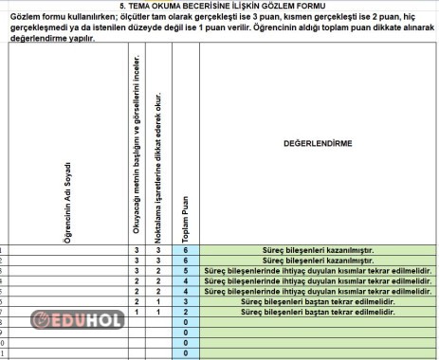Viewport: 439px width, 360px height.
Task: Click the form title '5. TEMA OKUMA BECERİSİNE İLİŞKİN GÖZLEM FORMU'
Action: [x=219, y=6]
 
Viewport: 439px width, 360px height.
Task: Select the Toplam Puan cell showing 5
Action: [x=187, y=270]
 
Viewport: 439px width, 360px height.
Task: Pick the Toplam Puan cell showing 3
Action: [x=187, y=301]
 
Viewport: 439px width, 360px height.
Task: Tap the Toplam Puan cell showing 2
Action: [x=187, y=312]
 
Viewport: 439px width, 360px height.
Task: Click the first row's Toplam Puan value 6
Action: [x=187, y=249]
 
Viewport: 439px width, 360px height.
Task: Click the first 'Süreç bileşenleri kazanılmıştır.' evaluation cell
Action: [x=318, y=249]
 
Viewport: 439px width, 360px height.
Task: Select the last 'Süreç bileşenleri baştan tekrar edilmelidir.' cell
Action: [x=318, y=312]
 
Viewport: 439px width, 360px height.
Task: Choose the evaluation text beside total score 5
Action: [x=318, y=270]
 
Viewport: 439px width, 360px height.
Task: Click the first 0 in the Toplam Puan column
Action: [x=187, y=322]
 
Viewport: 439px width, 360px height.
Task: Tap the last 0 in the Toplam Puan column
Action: [x=187, y=353]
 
